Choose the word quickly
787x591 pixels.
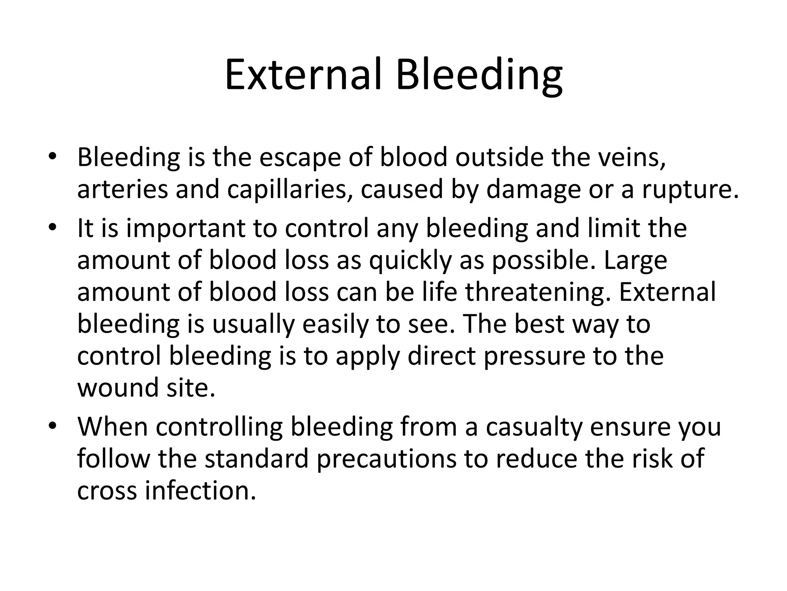tap(410, 260)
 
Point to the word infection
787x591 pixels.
tap(200, 491)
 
